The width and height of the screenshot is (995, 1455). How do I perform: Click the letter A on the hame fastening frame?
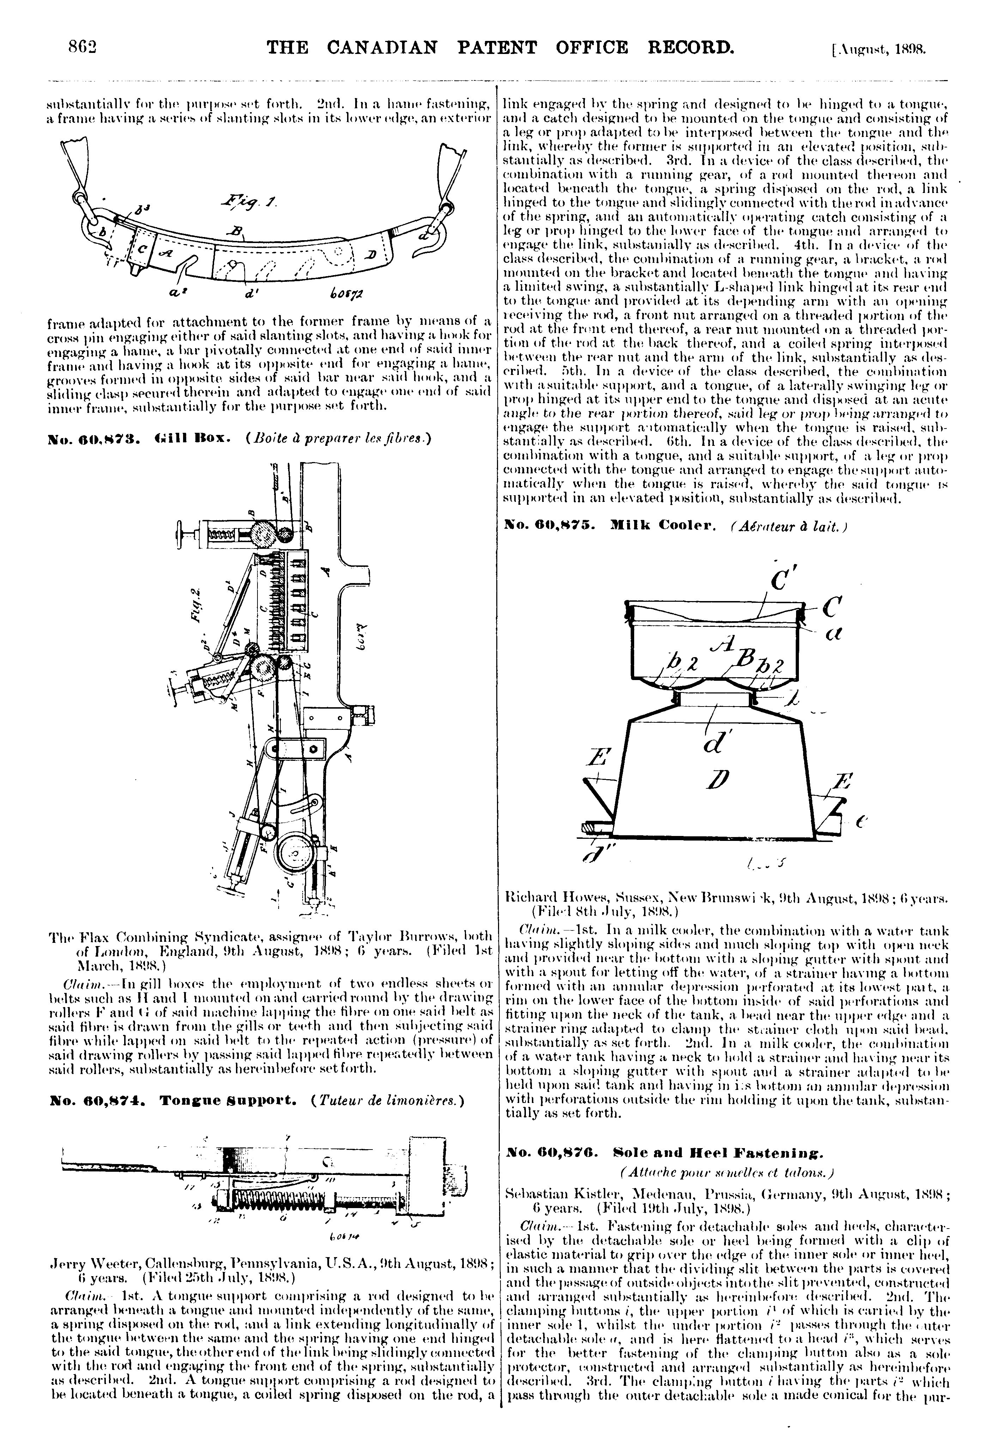click(x=166, y=252)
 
